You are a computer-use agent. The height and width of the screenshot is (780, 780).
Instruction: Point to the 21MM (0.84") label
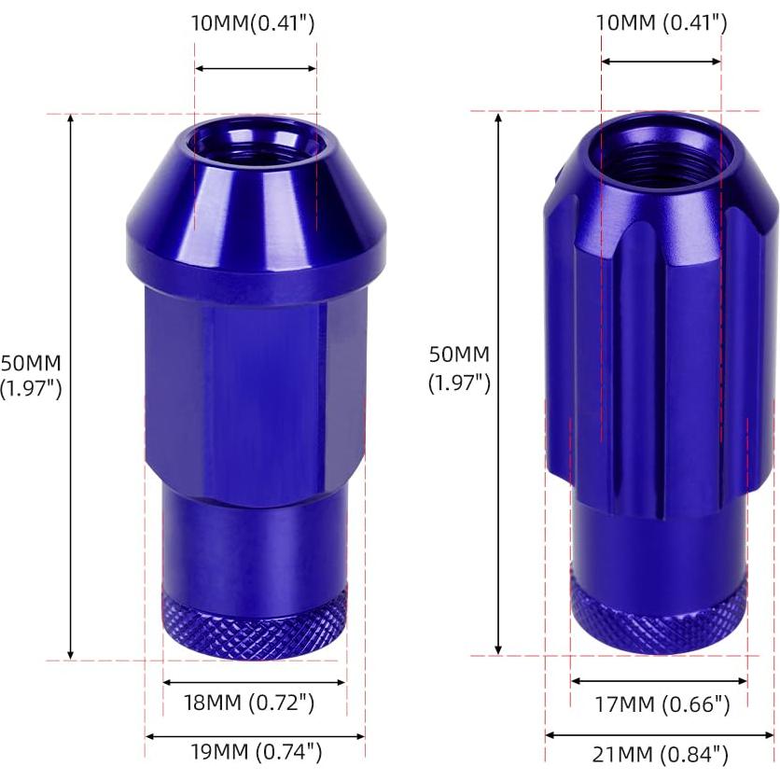(662, 754)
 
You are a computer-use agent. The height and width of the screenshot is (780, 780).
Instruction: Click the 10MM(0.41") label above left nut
(253, 23)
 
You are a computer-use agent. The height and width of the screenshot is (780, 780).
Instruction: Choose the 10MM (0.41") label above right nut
(661, 23)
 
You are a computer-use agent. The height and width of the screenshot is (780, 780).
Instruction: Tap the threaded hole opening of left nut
(255, 146)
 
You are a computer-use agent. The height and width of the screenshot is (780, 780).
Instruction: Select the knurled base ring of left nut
(255, 620)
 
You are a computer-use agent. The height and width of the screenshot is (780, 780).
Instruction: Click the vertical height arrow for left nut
(72, 386)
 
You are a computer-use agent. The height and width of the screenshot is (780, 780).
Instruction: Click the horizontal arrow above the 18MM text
(254, 683)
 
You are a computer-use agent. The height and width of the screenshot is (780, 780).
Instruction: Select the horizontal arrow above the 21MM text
(661, 735)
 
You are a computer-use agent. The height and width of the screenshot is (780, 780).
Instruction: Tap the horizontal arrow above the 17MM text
(659, 682)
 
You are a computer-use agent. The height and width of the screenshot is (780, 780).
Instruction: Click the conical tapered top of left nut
(255, 201)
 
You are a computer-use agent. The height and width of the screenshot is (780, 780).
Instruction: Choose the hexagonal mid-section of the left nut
(255, 383)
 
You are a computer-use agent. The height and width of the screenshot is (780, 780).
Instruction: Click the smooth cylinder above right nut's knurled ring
(659, 541)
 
